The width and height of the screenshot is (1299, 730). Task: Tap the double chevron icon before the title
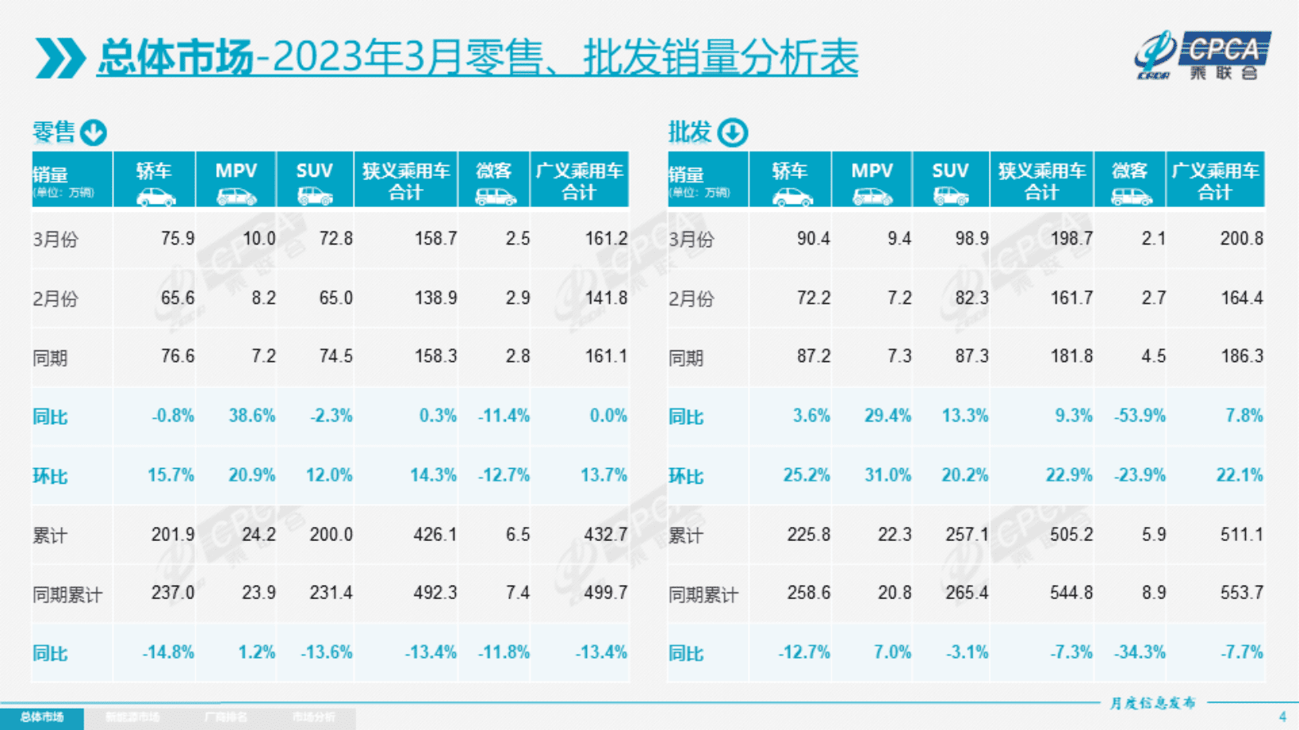coord(60,58)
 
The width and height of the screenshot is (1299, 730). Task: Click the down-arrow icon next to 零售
coord(93,132)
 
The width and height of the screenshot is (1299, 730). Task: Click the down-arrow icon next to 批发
coord(732,132)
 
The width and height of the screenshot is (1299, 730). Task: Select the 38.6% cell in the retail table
coord(251,416)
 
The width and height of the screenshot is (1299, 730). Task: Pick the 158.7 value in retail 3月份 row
coord(435,239)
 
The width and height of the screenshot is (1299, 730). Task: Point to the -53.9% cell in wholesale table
coord(1139,416)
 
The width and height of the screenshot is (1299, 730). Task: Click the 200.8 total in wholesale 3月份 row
coord(1241,239)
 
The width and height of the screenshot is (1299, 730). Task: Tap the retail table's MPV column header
coord(236,171)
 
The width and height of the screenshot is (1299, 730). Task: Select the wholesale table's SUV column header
coord(949,171)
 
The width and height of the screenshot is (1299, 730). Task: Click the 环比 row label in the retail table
coord(50,476)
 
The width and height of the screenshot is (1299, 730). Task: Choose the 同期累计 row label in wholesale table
coord(703,595)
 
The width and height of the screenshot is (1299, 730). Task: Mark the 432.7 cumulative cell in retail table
coord(605,534)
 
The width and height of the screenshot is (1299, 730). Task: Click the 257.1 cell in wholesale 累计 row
coord(967,534)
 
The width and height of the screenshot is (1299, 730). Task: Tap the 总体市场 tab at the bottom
coord(42,718)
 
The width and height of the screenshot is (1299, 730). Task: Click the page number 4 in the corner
coord(1283,717)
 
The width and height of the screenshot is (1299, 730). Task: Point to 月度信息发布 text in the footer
coord(1152,703)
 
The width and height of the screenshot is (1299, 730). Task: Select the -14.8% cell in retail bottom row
coord(168,653)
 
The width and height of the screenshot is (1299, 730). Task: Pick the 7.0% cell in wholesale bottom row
coord(891,653)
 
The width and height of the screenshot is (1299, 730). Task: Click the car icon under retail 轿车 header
coord(155,197)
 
